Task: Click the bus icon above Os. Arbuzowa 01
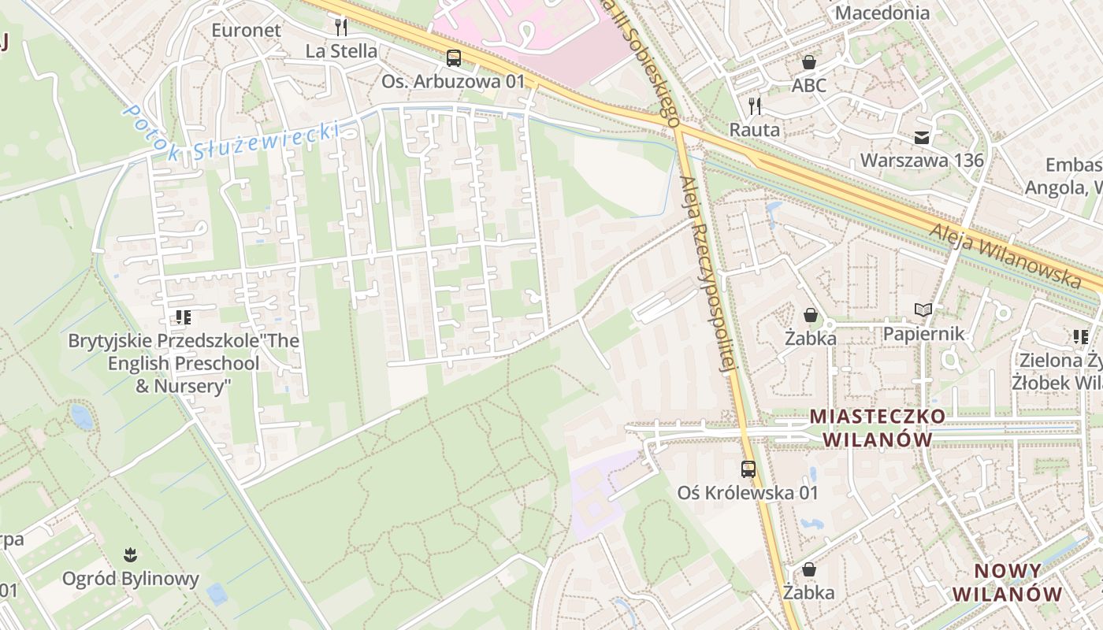[x=453, y=57]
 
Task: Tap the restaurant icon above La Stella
[x=341, y=28]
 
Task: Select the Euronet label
[x=246, y=30]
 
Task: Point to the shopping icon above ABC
[x=809, y=61]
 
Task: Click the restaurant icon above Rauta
[x=755, y=106]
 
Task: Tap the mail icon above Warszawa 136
[x=921, y=138]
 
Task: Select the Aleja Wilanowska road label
[x=1005, y=254]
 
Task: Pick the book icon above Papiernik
[x=923, y=310]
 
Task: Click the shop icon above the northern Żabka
[x=810, y=315]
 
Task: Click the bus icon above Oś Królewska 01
[x=748, y=469]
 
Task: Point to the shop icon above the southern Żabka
[x=809, y=569]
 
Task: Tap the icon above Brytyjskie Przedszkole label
[x=184, y=317]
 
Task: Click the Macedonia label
[x=882, y=13]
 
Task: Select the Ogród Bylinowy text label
[x=131, y=579]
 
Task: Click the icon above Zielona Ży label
[x=1081, y=337]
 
